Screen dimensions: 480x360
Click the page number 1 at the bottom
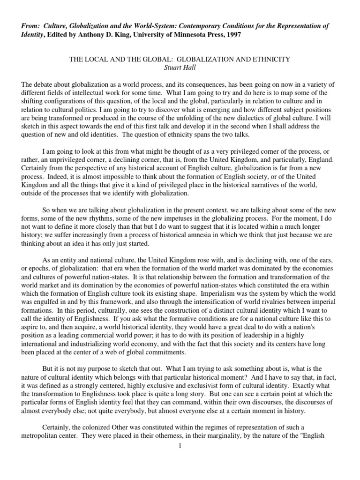180,446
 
